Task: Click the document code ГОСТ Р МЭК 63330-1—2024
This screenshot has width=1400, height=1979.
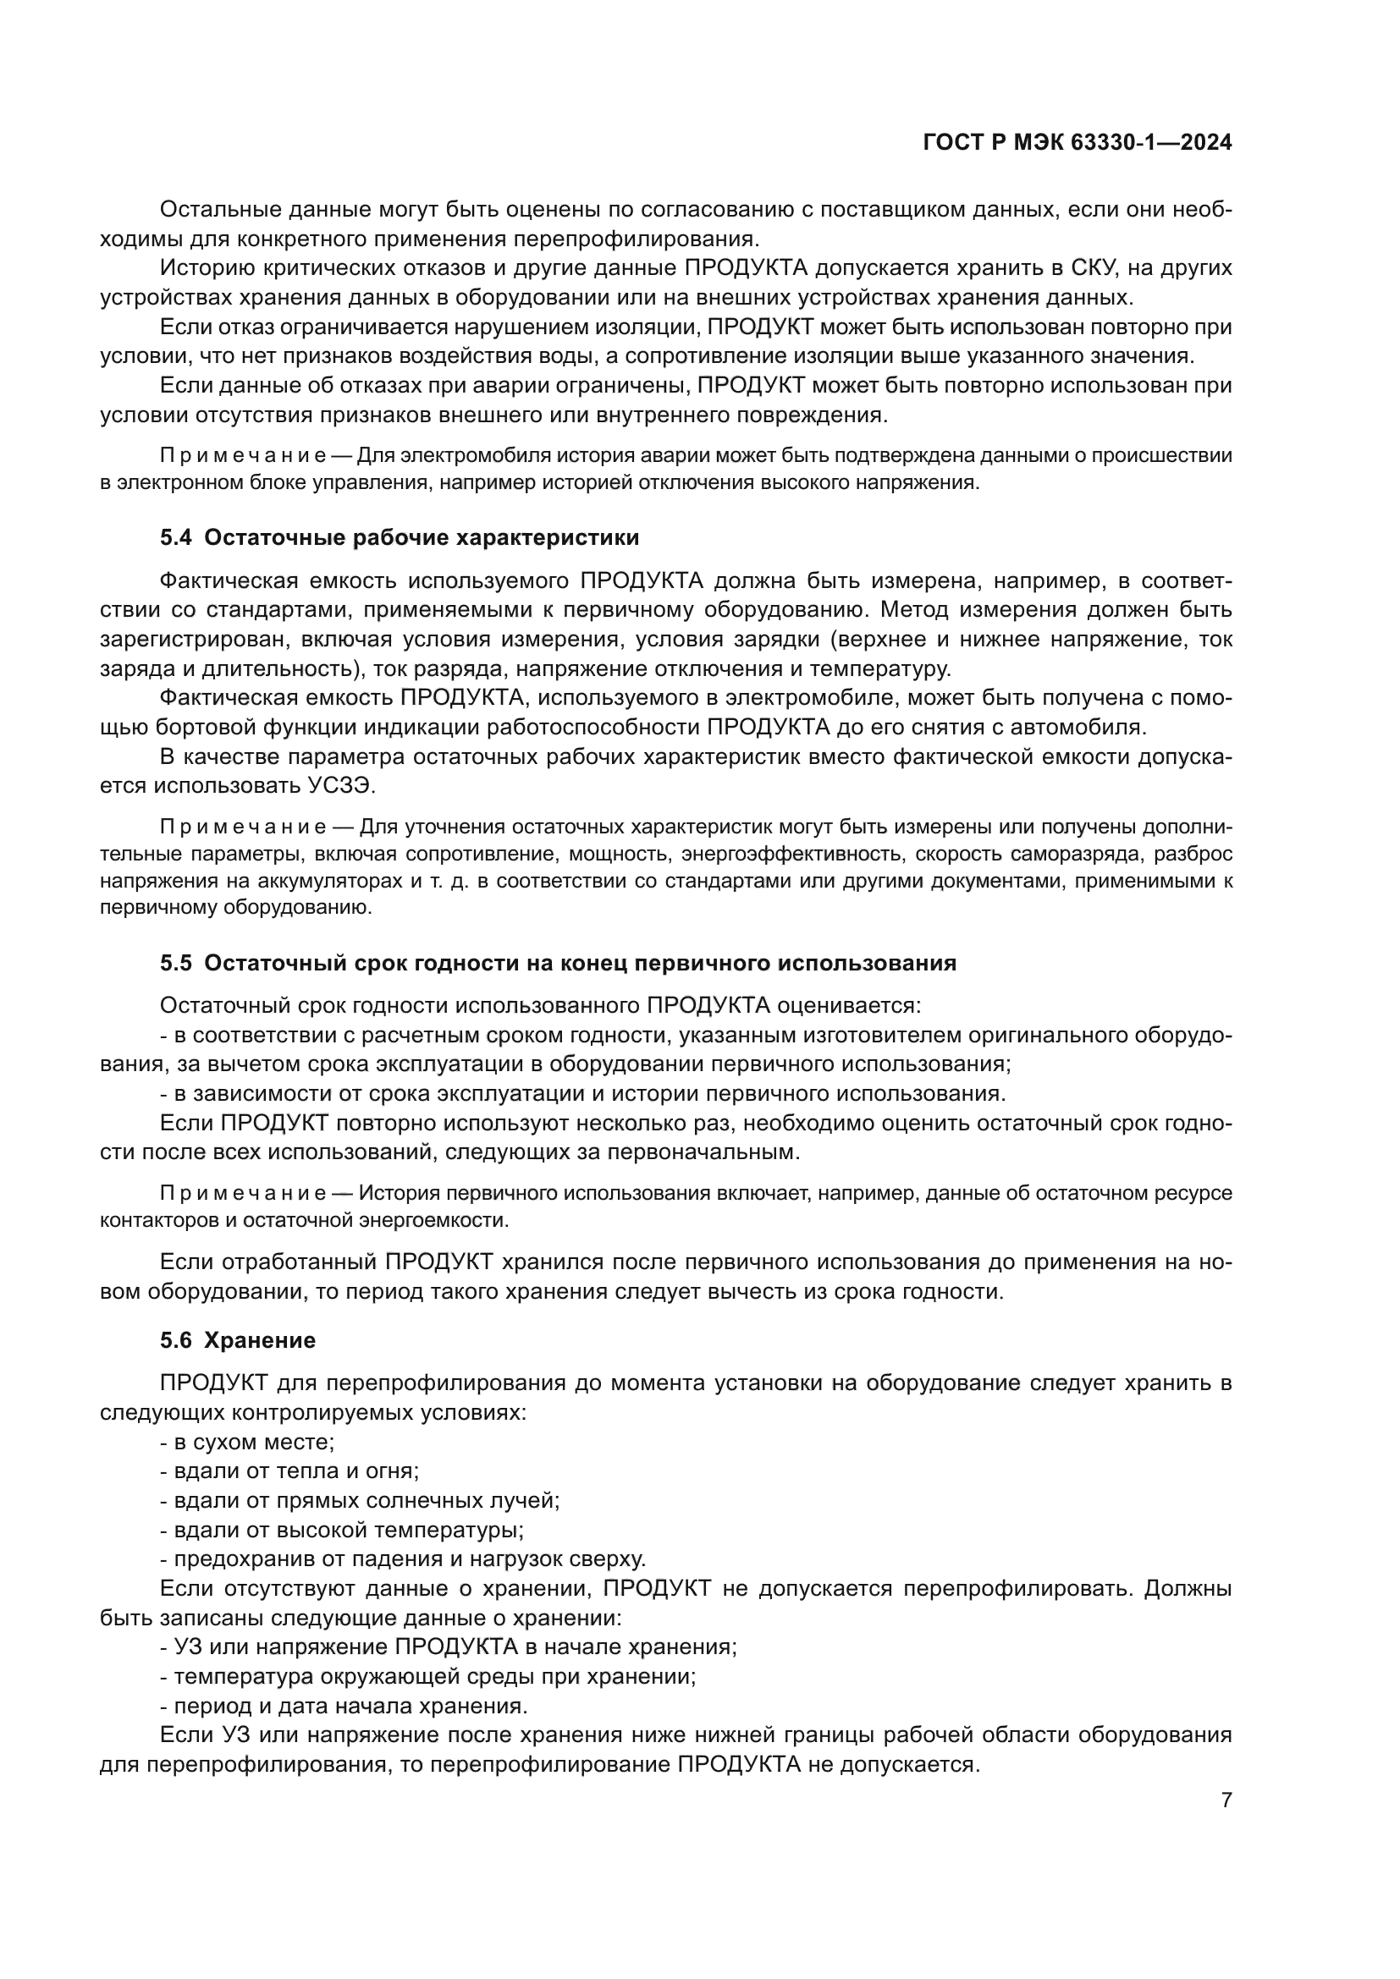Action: click(x=1077, y=142)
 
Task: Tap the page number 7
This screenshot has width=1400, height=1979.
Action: click(x=1226, y=1800)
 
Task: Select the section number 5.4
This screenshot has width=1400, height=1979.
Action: click(x=175, y=538)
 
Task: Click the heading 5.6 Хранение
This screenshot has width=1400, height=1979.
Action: click(x=238, y=1340)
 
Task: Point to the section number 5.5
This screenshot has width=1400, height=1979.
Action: click(x=175, y=963)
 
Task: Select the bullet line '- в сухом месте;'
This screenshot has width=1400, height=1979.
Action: click(x=247, y=1442)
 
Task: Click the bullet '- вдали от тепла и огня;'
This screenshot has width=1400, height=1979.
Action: click(x=289, y=1471)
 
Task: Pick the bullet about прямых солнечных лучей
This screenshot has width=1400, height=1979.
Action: click(x=360, y=1501)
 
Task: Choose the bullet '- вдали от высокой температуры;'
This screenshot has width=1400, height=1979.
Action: click(x=342, y=1530)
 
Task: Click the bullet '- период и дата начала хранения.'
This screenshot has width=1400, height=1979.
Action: click(x=343, y=1706)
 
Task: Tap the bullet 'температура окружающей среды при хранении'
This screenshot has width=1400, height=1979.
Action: click(x=427, y=1676)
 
